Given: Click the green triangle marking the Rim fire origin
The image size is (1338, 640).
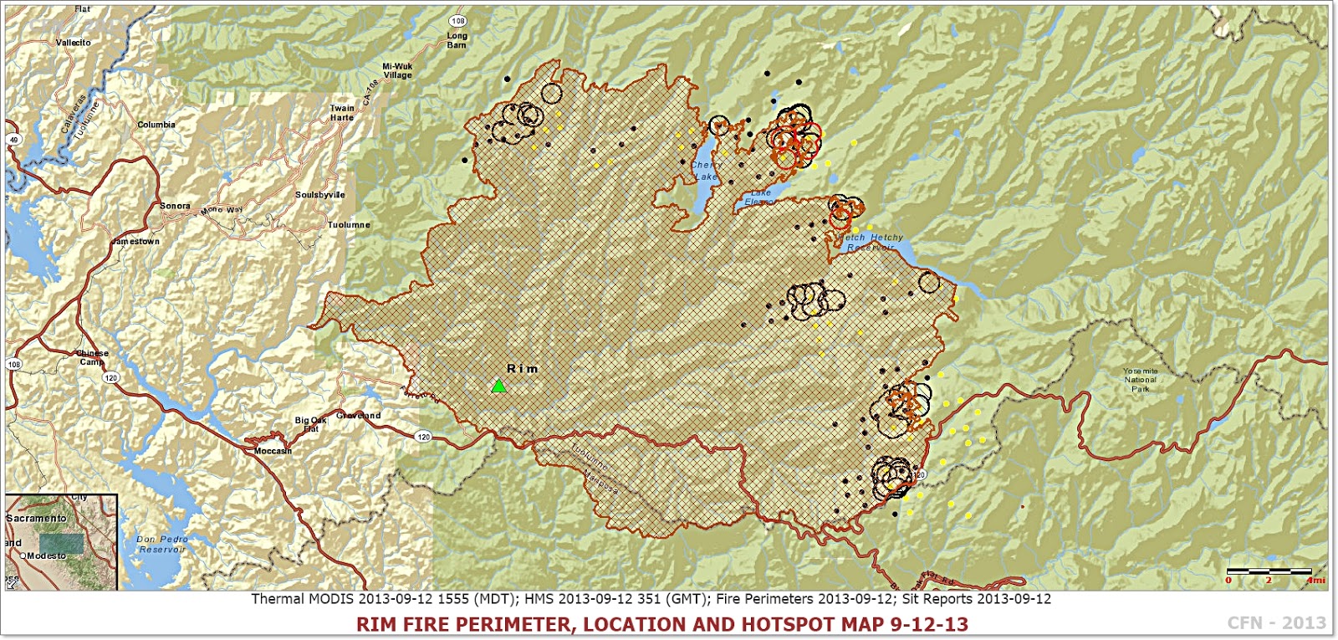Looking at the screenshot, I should coord(498,387).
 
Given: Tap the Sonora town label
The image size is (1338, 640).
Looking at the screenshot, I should coord(175,206).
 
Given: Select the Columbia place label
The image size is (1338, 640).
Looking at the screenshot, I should coord(156,125).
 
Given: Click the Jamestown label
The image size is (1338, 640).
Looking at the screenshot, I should coord(135,242).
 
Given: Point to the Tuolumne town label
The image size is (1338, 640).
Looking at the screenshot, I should coord(348,225).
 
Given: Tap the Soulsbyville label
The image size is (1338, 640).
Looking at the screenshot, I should coord(319,195).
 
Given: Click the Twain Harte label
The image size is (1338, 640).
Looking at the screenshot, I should coord(341,113).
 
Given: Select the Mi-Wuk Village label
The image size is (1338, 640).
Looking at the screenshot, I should coord(397,70).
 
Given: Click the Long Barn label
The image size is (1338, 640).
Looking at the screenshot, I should coord(457,40).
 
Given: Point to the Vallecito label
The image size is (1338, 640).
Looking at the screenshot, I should coord(73,43).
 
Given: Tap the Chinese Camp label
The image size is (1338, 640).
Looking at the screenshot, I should coord(92,358).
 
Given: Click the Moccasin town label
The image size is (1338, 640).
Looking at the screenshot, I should coord(273,451).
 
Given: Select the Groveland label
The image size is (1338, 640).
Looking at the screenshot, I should coord(358,416).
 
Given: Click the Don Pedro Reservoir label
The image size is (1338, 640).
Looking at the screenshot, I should coord(162,545).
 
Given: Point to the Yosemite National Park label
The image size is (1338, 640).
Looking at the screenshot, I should coord(1140,380).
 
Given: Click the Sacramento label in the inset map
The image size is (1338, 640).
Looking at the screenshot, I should coord(36,519).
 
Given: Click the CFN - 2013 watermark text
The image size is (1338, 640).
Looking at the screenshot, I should coord(1276,622).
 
